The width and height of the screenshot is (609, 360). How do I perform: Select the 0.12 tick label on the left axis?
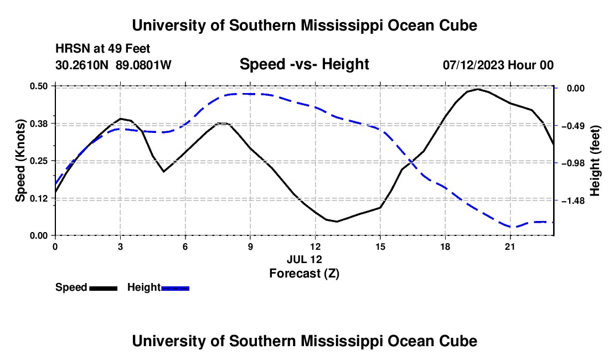click(39, 198)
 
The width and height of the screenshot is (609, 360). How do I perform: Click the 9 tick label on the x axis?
click(250, 246)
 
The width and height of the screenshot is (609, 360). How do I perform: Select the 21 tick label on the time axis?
click(510, 246)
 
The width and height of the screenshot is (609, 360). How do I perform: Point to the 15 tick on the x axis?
click(380, 246)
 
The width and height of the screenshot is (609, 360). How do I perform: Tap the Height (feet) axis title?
click(595, 161)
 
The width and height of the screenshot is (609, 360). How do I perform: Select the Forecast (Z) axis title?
click(304, 274)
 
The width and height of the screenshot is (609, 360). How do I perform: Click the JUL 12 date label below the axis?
click(304, 259)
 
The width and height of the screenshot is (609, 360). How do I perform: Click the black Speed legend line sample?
click(104, 288)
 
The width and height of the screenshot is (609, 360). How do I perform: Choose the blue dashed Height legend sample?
click(175, 288)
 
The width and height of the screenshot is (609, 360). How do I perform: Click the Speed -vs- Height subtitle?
click(304, 64)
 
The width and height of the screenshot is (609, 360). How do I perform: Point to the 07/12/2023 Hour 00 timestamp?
click(498, 65)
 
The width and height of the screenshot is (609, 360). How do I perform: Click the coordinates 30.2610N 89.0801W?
click(113, 65)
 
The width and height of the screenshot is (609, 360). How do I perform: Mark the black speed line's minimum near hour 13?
click(337, 222)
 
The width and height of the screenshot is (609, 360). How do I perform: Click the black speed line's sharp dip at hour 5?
click(164, 171)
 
